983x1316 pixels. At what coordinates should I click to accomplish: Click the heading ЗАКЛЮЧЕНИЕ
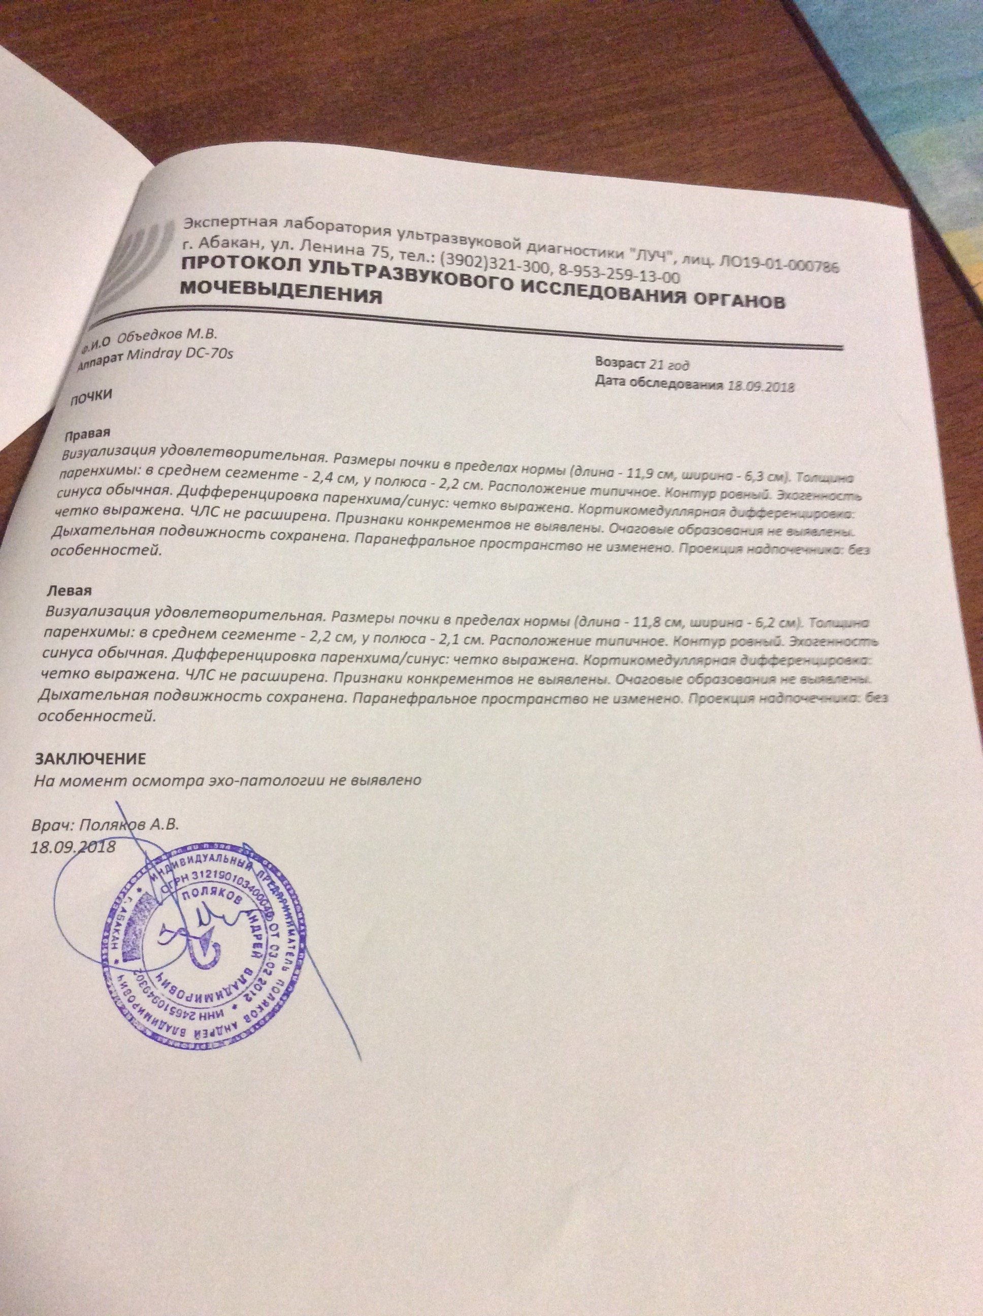pyautogui.click(x=90, y=759)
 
